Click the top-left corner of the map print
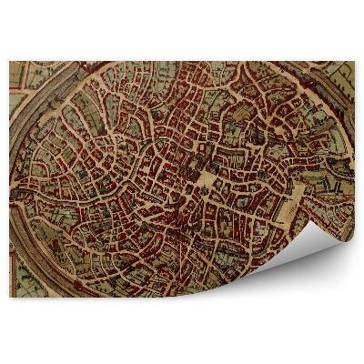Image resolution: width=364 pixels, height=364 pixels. click(10, 62)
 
